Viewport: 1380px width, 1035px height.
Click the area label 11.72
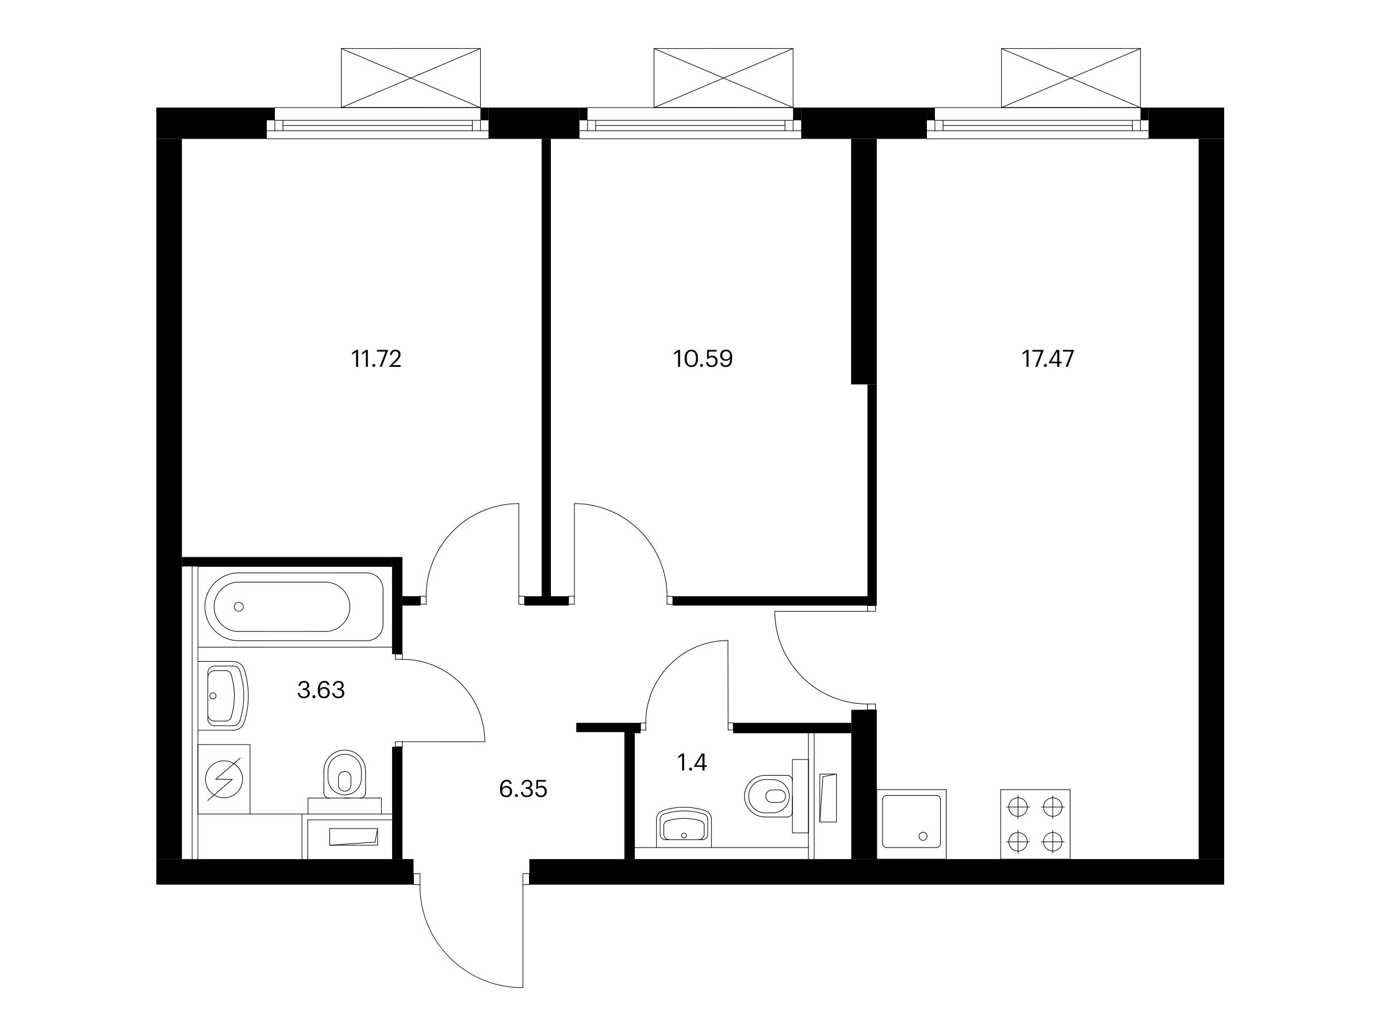tap(376, 359)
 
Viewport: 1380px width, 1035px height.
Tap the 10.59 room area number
tap(703, 359)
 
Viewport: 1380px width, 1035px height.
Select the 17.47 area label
tap(1048, 359)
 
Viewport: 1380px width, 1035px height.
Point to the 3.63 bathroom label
tap(321, 690)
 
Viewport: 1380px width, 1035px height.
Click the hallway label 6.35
tap(523, 789)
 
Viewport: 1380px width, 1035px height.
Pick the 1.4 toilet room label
tap(692, 762)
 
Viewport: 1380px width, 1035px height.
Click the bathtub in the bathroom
tap(294, 607)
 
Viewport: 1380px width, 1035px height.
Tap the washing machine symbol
tap(224, 779)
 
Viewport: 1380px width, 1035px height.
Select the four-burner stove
tap(1035, 824)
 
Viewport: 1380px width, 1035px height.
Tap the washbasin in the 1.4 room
tap(684, 827)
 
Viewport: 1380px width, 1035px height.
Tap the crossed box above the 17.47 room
tap(1071, 78)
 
